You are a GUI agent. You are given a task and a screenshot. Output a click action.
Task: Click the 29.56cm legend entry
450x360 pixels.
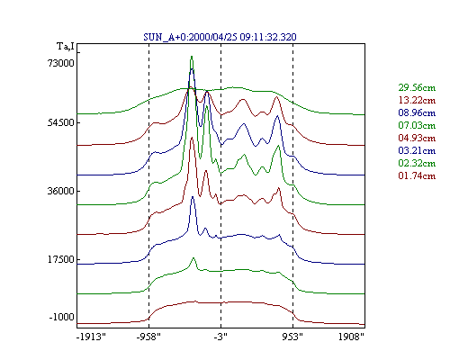point(417,87)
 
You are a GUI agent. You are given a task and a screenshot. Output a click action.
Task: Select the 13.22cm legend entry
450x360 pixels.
point(417,100)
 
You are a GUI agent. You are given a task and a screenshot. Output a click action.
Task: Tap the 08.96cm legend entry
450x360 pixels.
point(417,112)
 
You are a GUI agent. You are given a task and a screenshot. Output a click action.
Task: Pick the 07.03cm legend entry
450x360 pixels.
point(417,125)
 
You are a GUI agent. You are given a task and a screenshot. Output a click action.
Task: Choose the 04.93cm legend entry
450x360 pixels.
point(417,138)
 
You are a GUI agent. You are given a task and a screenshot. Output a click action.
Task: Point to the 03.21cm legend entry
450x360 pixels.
point(417,150)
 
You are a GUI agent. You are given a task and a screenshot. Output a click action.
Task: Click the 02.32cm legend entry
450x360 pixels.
point(417,163)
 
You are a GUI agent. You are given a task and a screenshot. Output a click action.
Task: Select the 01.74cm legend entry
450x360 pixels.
point(417,175)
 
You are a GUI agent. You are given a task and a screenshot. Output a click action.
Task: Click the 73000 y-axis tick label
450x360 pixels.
point(60,63)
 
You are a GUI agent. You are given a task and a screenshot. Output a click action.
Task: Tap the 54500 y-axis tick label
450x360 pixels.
point(60,123)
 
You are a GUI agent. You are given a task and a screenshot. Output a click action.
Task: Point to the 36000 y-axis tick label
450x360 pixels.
point(60,191)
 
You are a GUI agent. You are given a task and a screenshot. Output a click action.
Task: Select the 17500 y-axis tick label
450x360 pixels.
point(60,259)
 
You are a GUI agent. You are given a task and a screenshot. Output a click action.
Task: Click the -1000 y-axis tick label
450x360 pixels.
point(61,317)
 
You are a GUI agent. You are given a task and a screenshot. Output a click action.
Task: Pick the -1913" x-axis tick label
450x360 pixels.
point(92,337)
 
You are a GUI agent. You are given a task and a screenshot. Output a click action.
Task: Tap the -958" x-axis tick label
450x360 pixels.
point(148,337)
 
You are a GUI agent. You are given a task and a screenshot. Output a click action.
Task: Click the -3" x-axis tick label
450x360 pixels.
point(220,337)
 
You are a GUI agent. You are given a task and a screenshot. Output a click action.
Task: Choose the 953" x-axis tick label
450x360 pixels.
point(292,337)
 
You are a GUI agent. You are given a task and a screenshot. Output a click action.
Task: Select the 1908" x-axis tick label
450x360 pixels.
point(351,337)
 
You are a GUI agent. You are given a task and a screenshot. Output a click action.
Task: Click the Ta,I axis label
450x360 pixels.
point(66,47)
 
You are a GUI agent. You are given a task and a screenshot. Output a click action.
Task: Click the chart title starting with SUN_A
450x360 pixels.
point(220,37)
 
